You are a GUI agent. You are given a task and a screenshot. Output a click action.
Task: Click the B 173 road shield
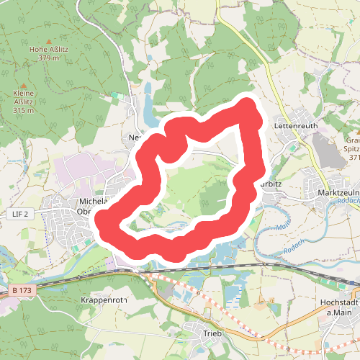point(20,290)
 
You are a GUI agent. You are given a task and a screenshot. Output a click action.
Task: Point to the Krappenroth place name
point(104,300)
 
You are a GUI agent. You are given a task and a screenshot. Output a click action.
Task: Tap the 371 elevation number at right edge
point(354,157)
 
